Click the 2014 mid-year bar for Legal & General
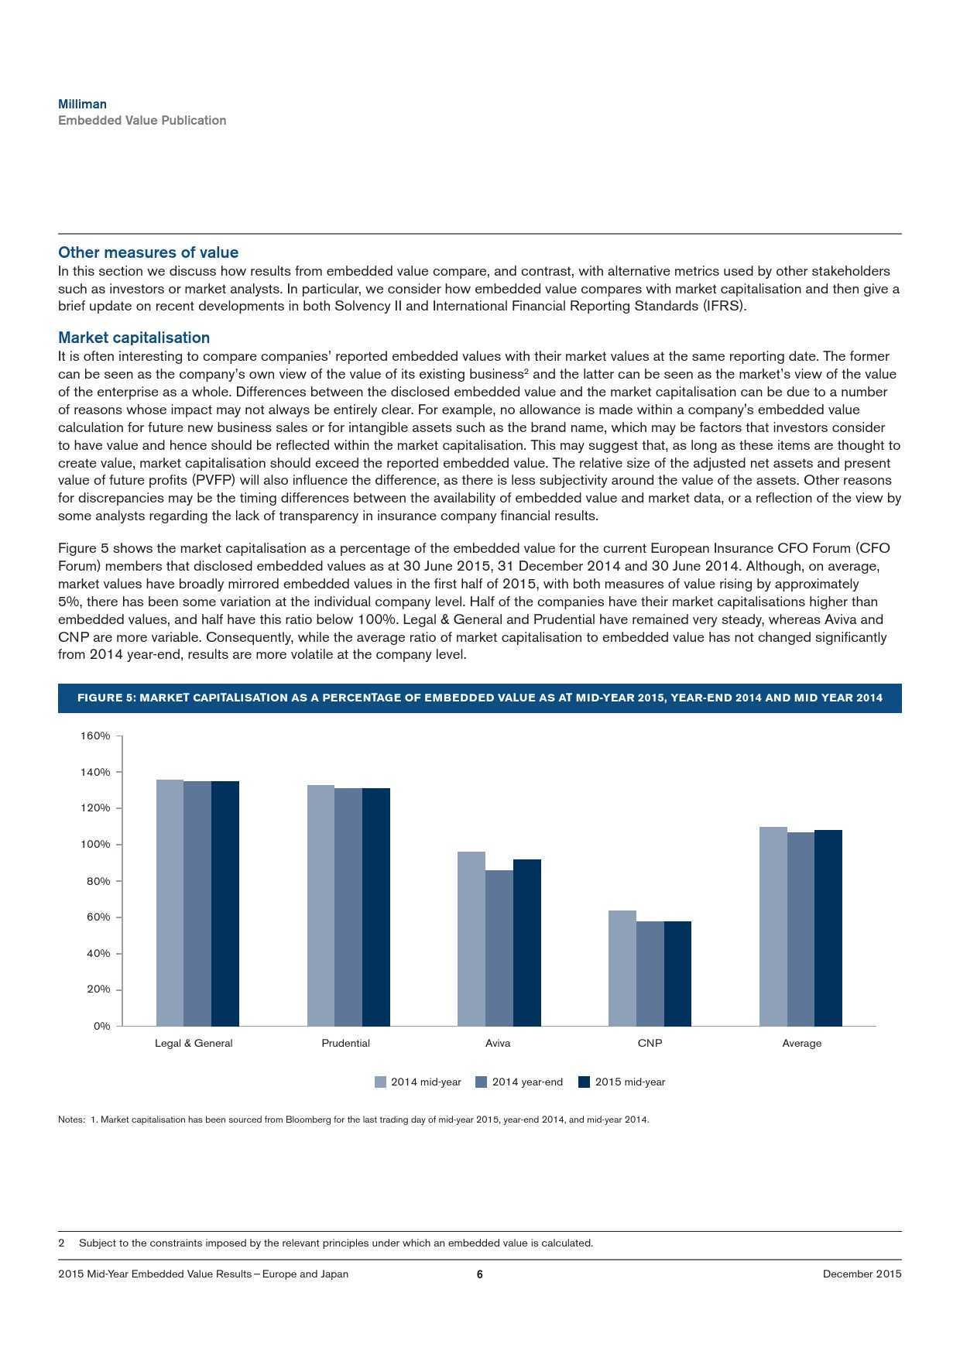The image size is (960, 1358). pyautogui.click(x=170, y=903)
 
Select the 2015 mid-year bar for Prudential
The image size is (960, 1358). pyautogui.click(x=376, y=907)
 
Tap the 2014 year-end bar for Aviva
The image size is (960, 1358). pyautogui.click(x=499, y=948)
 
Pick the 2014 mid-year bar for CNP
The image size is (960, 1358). pyautogui.click(x=622, y=969)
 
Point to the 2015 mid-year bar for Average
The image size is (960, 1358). pyautogui.click(x=828, y=928)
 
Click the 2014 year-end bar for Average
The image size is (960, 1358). pyautogui.click(x=801, y=929)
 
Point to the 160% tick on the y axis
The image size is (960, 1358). pyautogui.click(x=95, y=736)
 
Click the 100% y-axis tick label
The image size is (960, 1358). pyautogui.click(x=95, y=845)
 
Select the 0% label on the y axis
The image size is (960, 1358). pyautogui.click(x=102, y=1026)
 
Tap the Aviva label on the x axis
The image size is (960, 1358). pyautogui.click(x=498, y=1044)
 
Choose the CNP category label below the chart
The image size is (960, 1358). pyautogui.click(x=650, y=1044)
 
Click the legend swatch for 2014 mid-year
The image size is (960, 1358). pyautogui.click(x=380, y=1082)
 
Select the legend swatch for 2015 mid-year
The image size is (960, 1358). pyautogui.click(x=585, y=1082)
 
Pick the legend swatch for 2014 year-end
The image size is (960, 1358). pyautogui.click(x=481, y=1082)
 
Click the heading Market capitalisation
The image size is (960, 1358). pyautogui.click(x=134, y=338)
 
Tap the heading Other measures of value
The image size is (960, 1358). pyautogui.click(x=148, y=252)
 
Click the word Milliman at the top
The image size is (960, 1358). pyautogui.click(x=83, y=104)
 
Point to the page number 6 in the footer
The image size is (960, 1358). pyautogui.click(x=479, y=1274)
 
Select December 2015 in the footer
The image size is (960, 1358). pyautogui.click(x=862, y=1274)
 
